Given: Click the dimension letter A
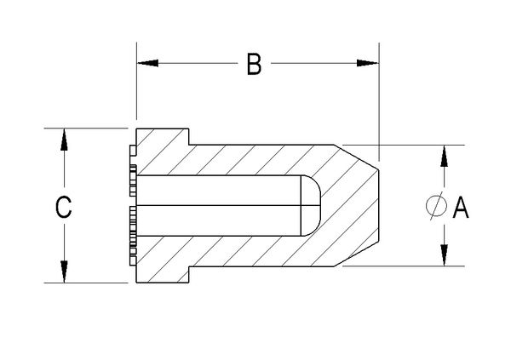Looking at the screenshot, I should (x=461, y=206).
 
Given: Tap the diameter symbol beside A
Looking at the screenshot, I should (x=435, y=206).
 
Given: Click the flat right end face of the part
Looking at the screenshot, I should (x=378, y=206).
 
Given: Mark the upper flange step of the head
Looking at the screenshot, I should (x=187, y=136).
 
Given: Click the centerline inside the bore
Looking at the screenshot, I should (x=221, y=206).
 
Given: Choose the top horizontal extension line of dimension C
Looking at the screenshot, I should (x=85, y=129).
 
